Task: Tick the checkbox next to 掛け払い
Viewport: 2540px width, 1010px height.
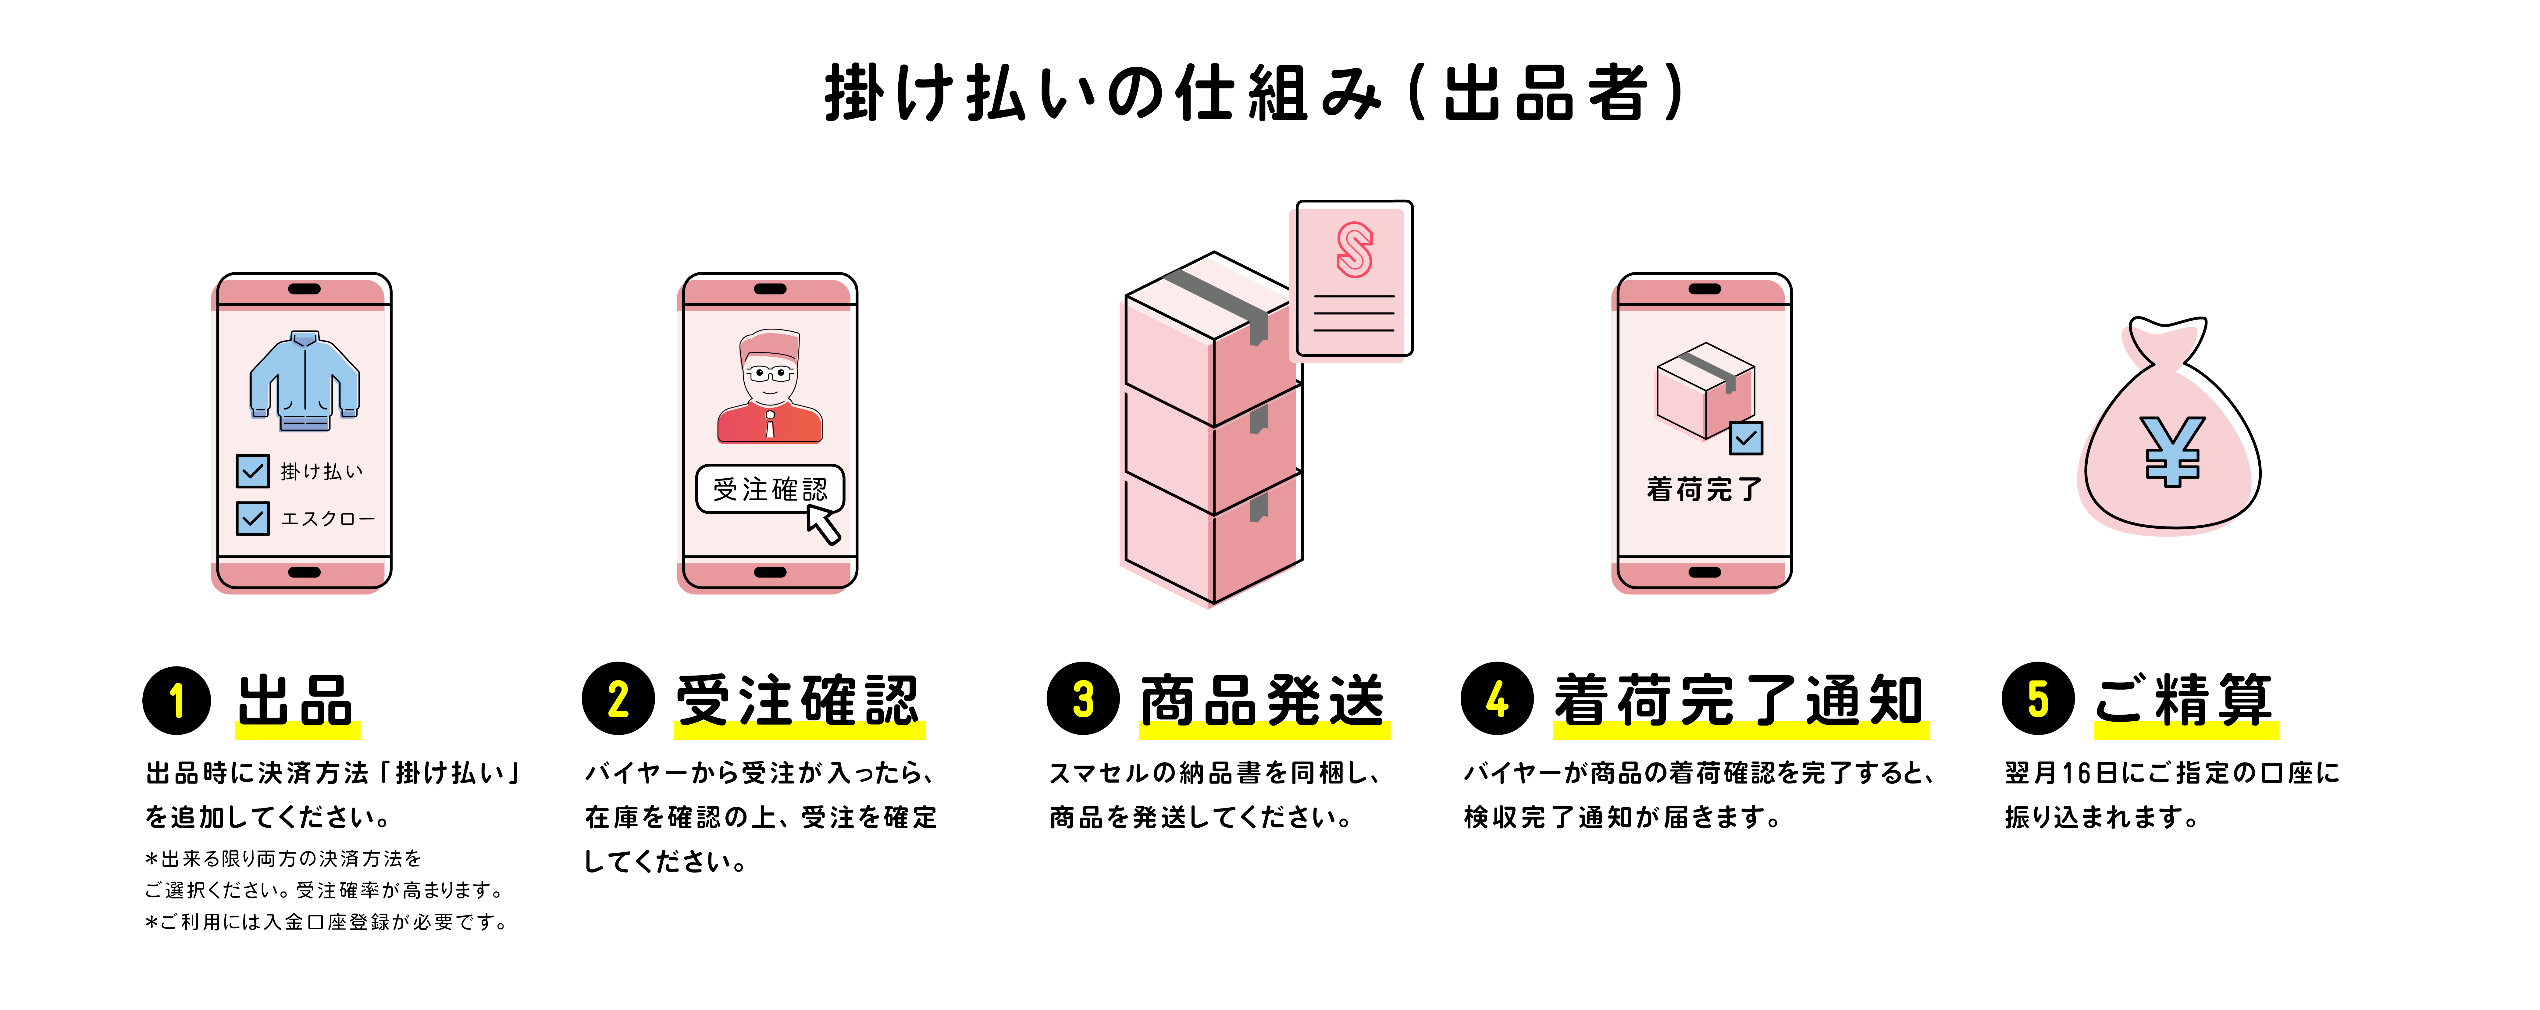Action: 252,470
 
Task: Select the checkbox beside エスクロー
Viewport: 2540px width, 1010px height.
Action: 252,518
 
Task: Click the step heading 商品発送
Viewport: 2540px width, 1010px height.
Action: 1263,700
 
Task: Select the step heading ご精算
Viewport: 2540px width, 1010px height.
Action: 2184,700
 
